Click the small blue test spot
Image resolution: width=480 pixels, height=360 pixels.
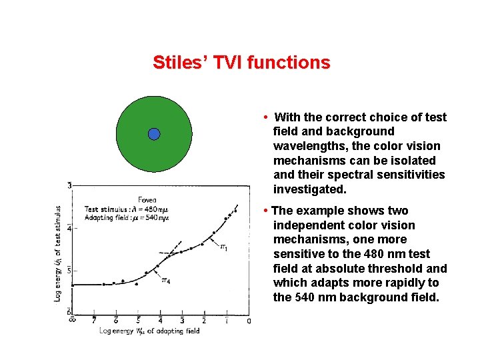pos(154,134)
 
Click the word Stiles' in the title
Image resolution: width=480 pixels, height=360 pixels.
pos(178,63)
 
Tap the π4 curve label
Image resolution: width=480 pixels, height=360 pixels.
pos(165,281)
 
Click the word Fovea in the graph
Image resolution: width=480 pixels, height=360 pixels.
pos(147,199)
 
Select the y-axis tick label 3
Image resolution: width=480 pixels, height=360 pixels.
pos(69,185)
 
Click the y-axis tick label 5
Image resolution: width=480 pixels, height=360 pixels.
pos(69,271)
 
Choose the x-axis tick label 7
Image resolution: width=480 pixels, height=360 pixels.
pos(93,321)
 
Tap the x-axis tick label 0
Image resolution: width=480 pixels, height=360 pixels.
pos(249,321)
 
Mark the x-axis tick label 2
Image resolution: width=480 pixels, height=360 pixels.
pos(204,321)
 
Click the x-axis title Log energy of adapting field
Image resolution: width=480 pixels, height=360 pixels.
pos(149,331)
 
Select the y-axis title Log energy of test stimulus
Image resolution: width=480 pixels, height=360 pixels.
pos(59,253)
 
